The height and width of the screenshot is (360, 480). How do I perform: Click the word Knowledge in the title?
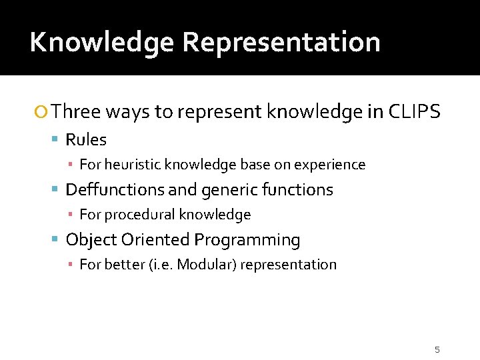[x=102, y=42]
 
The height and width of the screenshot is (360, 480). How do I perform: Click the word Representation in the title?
[x=281, y=42]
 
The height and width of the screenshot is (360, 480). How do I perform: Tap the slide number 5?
[x=437, y=349]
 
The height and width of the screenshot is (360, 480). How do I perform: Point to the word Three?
[x=75, y=111]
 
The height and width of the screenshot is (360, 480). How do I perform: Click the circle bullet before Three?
[x=42, y=112]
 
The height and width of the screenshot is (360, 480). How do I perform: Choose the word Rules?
[x=86, y=139]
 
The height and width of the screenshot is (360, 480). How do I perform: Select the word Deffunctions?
[x=115, y=189]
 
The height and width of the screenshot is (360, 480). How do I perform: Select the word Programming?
[x=247, y=239]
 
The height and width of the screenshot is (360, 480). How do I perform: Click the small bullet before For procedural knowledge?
[x=71, y=215]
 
